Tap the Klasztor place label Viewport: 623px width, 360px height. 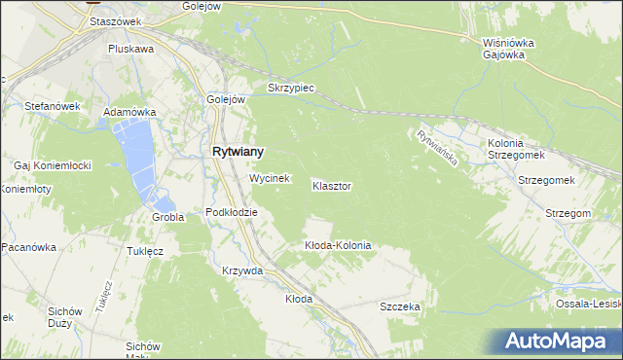point(332,185)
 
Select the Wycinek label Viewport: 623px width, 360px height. point(270,179)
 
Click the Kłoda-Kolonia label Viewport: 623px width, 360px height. point(338,245)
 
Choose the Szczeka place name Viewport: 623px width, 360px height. point(399,306)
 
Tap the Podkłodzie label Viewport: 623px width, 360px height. point(232,212)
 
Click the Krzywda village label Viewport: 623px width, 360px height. point(242,270)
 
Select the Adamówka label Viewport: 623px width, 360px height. point(130,112)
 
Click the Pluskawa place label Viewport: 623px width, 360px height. point(131,48)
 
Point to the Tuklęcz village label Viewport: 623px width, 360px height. point(144,250)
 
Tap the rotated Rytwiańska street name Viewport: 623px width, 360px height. point(436,147)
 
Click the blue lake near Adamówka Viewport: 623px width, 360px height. point(137,156)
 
